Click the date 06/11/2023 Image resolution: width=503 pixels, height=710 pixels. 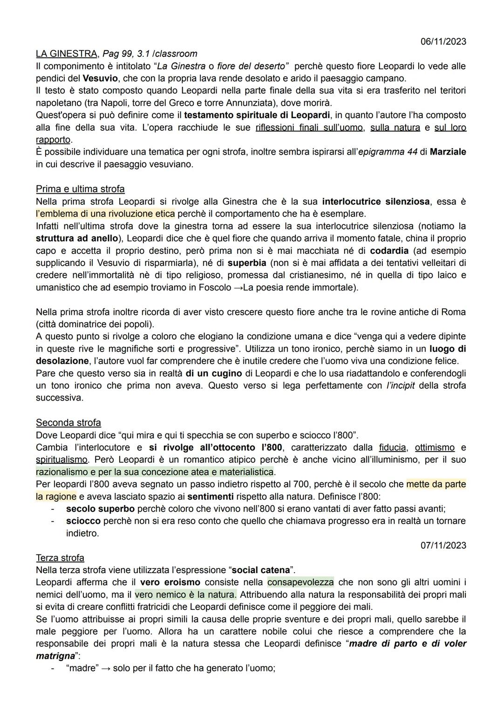443,41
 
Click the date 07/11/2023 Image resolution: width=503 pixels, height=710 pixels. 443,545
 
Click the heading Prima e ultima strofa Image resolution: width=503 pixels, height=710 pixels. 80,189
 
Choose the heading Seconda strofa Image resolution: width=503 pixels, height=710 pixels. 68,423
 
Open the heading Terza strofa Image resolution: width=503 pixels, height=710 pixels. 60,558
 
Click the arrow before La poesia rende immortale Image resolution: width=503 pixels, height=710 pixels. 238,287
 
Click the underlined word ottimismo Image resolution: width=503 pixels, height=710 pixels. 435,447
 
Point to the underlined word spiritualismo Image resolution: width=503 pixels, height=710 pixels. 62,460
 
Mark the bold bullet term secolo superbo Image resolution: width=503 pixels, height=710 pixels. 100,509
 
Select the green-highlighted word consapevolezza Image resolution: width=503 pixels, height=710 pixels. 300,582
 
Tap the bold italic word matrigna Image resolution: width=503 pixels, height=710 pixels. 55,656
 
